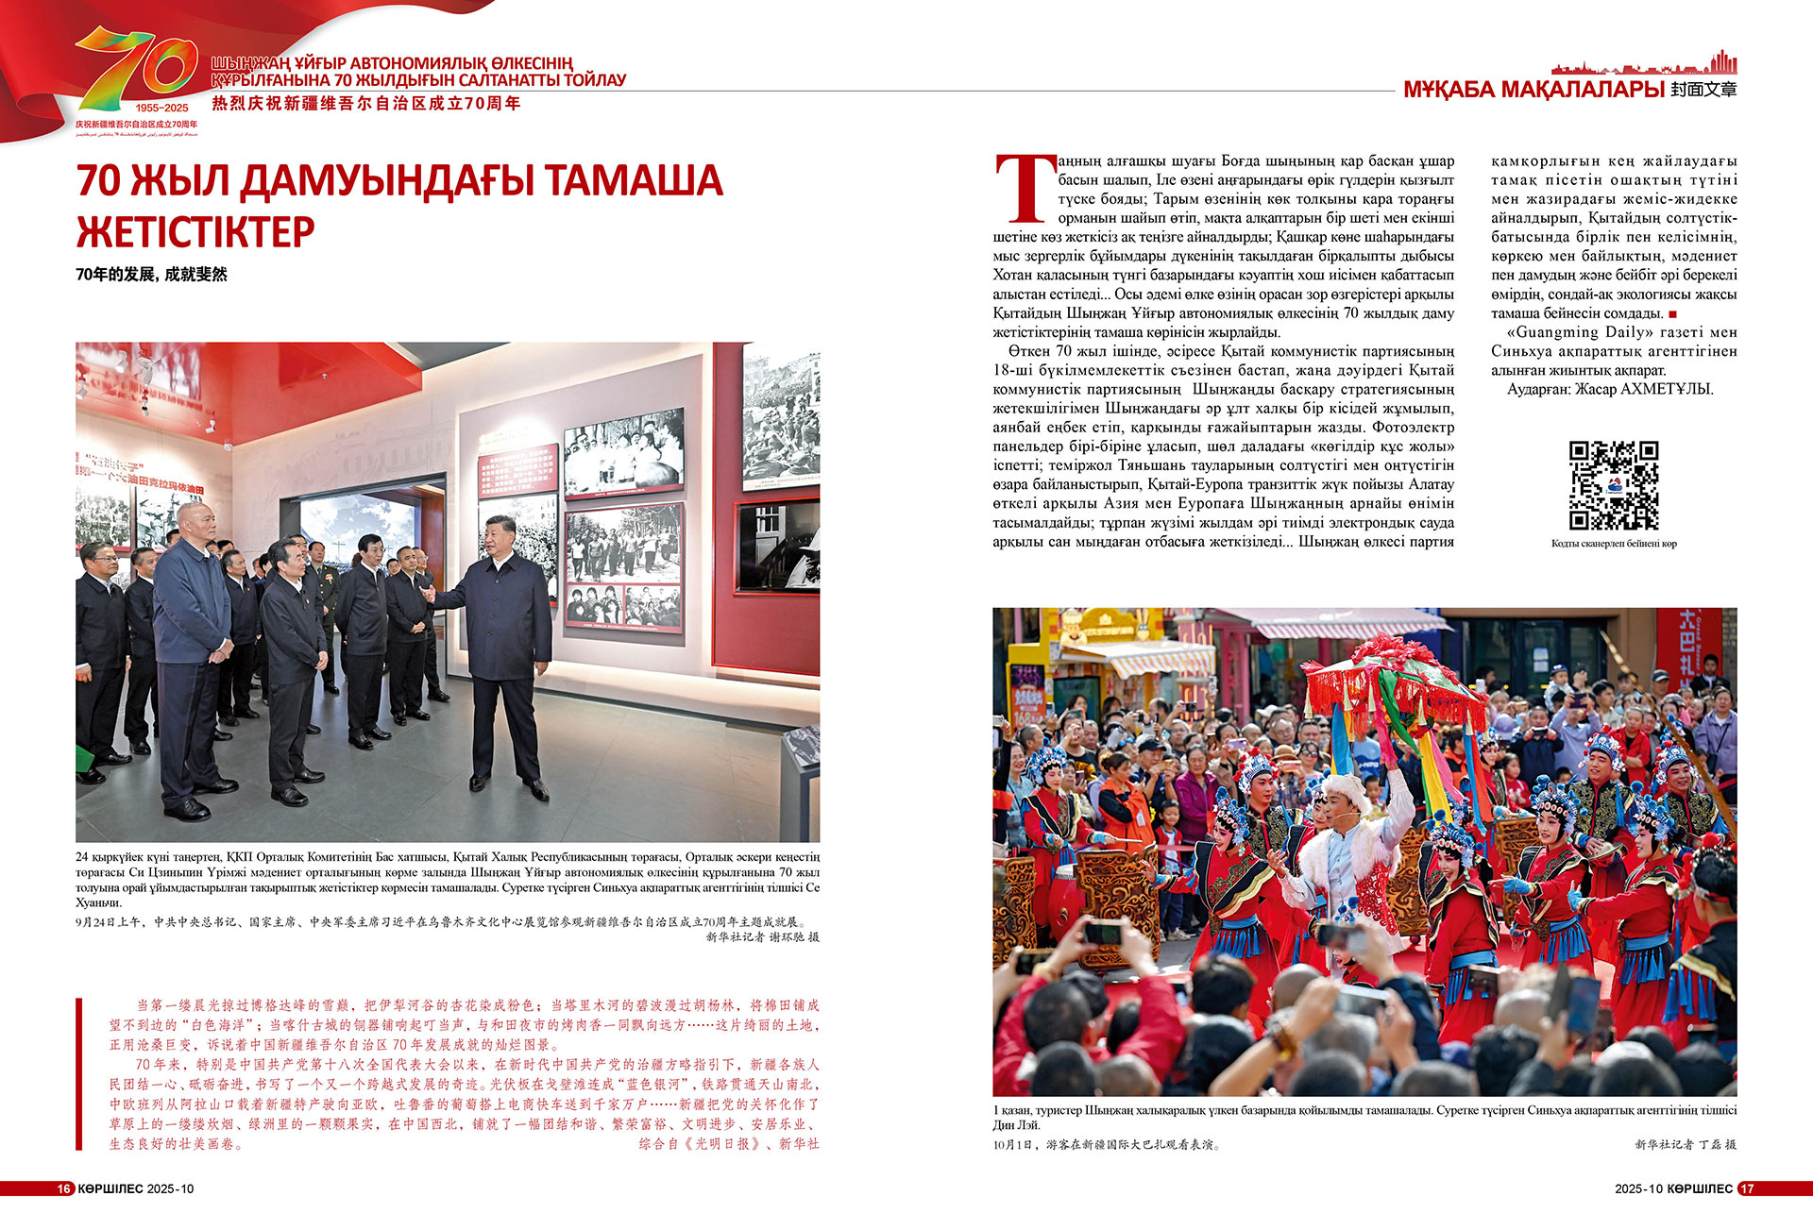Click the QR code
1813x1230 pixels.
tap(1614, 485)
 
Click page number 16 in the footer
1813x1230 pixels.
tap(64, 1188)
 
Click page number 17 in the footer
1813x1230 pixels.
tap(1747, 1188)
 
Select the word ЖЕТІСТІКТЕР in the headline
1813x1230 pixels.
tap(195, 232)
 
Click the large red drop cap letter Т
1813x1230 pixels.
tap(1025, 190)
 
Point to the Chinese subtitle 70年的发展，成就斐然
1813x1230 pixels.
tap(152, 275)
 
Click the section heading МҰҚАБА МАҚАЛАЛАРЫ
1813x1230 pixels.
tap(1533, 90)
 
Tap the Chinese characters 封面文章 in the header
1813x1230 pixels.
tap(1703, 90)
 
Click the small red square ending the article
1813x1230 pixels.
tap(1673, 314)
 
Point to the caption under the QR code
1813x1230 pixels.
tap(1614, 544)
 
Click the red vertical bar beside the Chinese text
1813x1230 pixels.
tap(79, 1073)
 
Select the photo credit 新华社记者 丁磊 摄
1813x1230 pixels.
tap(1686, 1144)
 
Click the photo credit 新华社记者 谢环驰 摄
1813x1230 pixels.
tap(762, 937)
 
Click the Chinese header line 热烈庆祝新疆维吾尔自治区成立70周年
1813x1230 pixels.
tap(366, 104)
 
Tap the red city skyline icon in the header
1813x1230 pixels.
tap(1643, 65)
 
